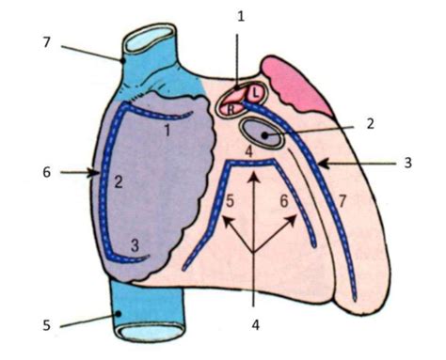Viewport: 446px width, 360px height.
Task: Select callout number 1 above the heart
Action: (x=240, y=16)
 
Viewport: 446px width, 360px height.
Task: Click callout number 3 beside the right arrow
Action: (x=407, y=163)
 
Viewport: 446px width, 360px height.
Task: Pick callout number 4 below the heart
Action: (x=254, y=328)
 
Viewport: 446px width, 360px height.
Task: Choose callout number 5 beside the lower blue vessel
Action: (x=46, y=326)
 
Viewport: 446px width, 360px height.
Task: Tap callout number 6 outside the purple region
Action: (x=44, y=172)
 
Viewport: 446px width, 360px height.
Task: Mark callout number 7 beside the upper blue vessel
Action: (x=46, y=41)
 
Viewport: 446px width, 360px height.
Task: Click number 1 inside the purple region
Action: (x=167, y=132)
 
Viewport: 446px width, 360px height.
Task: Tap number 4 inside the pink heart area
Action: (x=248, y=151)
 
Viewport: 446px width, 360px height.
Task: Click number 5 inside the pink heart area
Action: (x=229, y=200)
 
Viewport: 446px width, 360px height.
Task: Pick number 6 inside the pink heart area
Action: (x=282, y=200)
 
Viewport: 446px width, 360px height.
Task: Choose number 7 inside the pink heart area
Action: (x=342, y=200)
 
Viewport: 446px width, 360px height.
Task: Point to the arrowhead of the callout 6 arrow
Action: (x=96, y=172)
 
